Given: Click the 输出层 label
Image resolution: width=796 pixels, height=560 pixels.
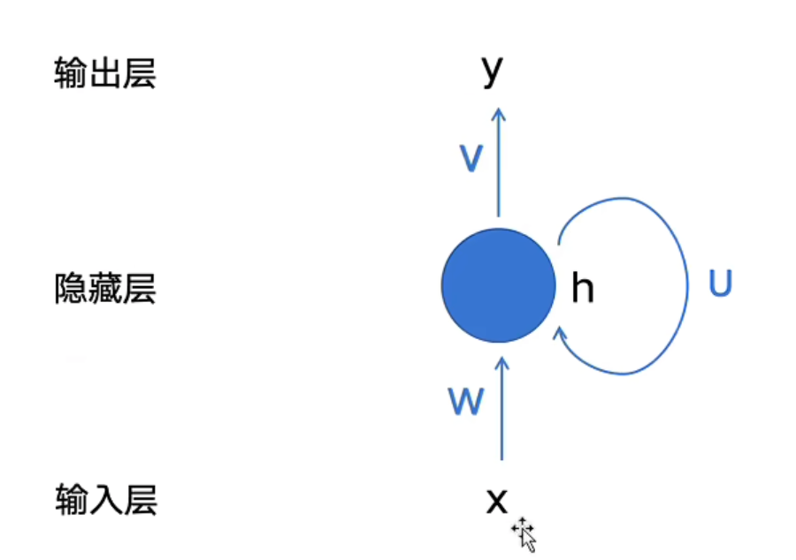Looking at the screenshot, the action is tap(104, 73).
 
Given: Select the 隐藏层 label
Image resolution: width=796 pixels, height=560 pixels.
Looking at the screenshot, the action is tap(104, 288).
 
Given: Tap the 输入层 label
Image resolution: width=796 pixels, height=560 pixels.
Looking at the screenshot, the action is tap(106, 500).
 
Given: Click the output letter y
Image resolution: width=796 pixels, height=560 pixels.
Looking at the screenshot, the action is tap(492, 72).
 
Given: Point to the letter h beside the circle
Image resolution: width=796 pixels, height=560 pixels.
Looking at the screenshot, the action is tap(582, 287).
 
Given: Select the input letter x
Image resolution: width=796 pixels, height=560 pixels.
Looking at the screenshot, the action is tap(496, 501).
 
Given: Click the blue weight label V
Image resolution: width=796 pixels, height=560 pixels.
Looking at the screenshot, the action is tap(471, 158).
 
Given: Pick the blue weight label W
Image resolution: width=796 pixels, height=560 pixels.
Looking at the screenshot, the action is tap(466, 401).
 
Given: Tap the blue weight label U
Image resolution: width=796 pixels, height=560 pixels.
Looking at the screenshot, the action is tap(720, 283).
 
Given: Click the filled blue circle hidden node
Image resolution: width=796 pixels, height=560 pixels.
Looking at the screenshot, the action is tap(499, 285).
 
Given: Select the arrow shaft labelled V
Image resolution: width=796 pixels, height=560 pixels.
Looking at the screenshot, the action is tap(499, 163).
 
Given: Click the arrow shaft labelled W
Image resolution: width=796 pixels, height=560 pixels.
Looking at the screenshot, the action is tap(501, 408).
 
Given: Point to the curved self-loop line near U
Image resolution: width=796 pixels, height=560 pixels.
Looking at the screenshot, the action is tap(687, 285).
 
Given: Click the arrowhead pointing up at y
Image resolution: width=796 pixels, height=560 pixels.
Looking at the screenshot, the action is tap(499, 114).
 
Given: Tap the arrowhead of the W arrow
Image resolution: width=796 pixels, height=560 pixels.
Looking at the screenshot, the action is tap(501, 362).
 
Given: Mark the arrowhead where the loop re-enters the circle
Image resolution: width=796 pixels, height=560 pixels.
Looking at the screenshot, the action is tap(560, 334).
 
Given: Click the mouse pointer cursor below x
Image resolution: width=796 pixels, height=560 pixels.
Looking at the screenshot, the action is tap(524, 535).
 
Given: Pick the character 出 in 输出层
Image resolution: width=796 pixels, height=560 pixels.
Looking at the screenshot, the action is tap(104, 73).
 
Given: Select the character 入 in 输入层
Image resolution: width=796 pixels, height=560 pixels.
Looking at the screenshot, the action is tap(106, 500).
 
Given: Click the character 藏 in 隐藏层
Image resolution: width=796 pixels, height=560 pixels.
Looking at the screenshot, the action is tap(104, 288).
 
